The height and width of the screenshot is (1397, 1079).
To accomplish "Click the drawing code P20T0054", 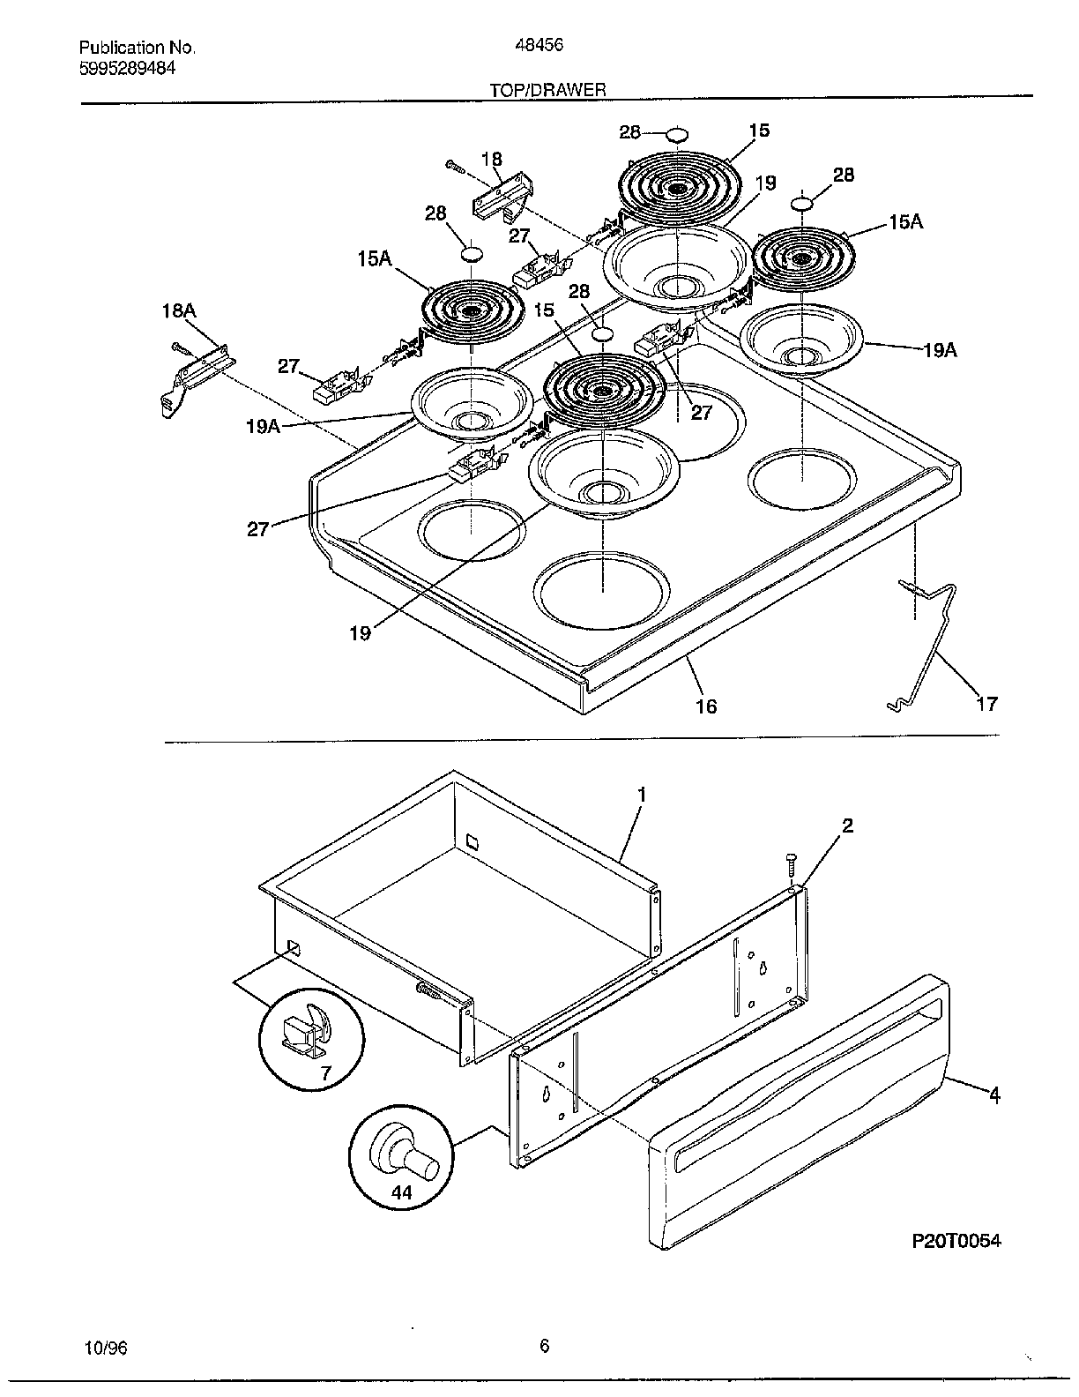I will click(x=956, y=1241).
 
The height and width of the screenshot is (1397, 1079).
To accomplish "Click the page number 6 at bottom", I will click(x=544, y=1345).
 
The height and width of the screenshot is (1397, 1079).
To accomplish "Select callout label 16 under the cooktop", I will click(x=706, y=706).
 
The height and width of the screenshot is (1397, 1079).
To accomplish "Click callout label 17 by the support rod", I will click(x=987, y=703).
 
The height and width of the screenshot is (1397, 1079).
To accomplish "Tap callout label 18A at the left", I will click(x=178, y=310).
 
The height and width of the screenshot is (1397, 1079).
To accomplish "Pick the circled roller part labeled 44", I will click(x=401, y=1157).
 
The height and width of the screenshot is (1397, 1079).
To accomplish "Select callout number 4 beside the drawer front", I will click(x=994, y=1095).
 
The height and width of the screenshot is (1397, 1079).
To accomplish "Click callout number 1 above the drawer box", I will click(x=642, y=795).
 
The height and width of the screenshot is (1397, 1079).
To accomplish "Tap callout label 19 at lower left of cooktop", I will click(x=360, y=632).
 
